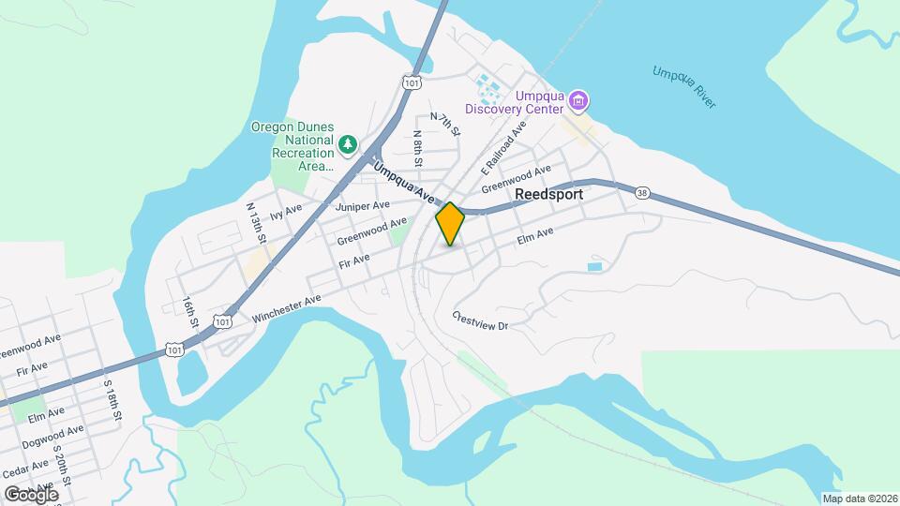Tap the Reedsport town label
tap(548, 194)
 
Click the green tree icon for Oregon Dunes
tap(349, 144)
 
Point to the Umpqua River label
tap(684, 86)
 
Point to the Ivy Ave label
tap(284, 214)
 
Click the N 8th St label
tap(418, 147)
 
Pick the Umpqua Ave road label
tap(405, 184)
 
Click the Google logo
tap(31, 494)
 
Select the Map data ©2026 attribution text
tap(859, 499)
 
